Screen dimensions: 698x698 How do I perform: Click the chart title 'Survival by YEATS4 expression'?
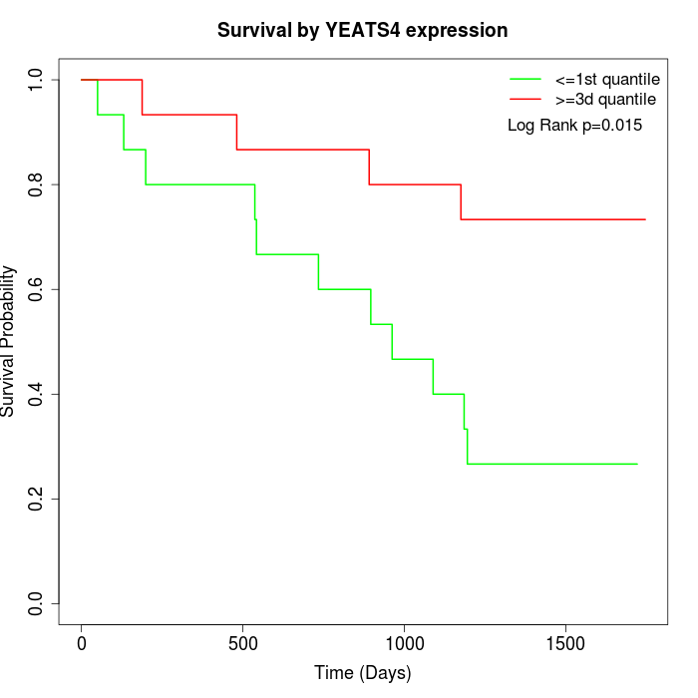[363, 31]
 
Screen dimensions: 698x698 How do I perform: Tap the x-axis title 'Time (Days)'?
[363, 673]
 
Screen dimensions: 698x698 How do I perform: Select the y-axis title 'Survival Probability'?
[9, 341]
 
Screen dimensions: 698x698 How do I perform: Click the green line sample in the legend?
[525, 79]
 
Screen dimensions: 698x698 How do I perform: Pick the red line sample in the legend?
[525, 100]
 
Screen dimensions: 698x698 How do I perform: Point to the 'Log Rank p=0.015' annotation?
[574, 126]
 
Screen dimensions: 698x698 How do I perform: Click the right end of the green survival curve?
[637, 464]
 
